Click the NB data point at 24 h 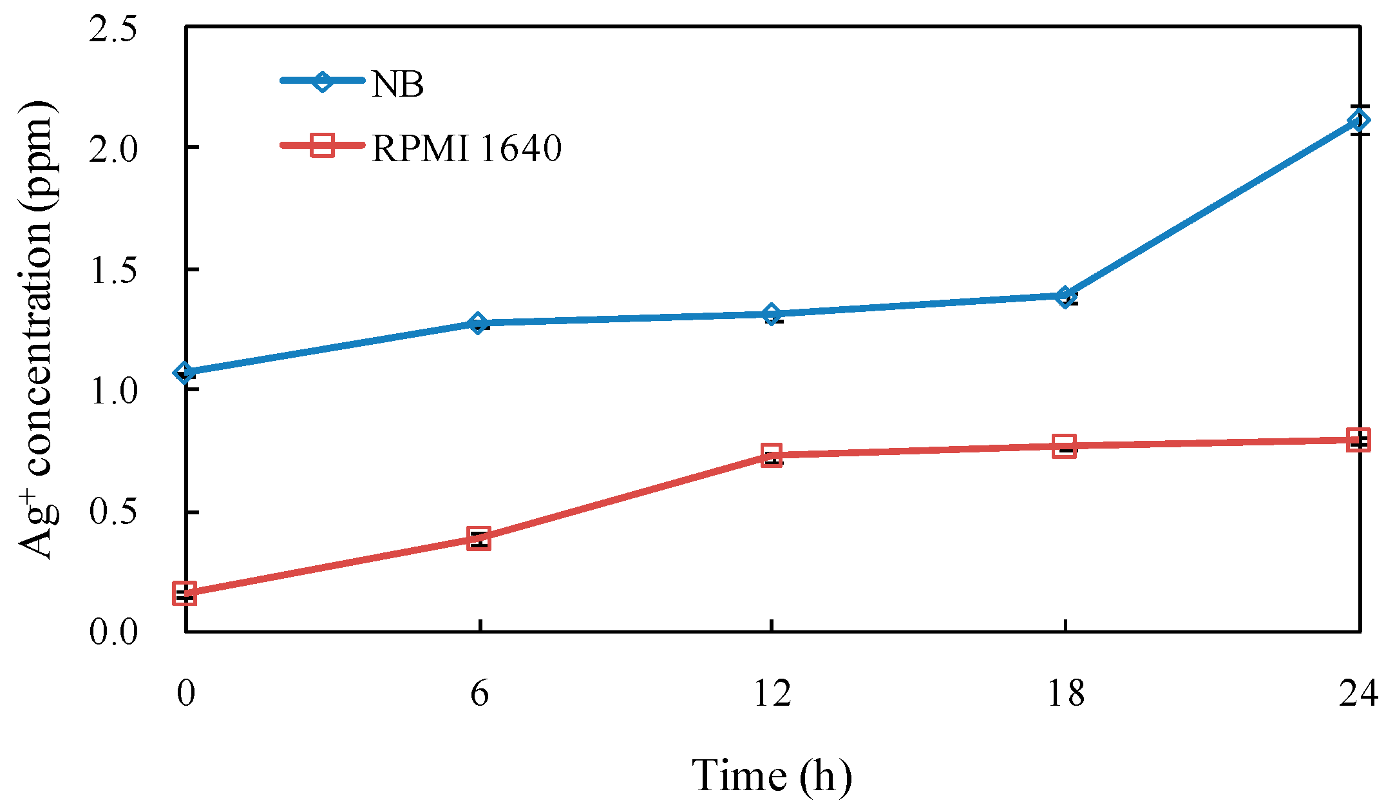1358,121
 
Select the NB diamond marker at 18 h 1065,296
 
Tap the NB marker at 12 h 772,315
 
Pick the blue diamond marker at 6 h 478,323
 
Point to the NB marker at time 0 185,372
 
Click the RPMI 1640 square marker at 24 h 1358,440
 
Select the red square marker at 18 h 1065,446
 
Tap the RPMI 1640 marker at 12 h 772,455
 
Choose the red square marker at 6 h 479,538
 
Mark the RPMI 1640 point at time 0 185,593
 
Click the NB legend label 397,84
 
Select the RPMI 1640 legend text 467,148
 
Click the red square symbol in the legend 322,145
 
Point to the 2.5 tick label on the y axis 113,29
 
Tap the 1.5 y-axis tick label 113,269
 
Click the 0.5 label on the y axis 113,512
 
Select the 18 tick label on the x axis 1065,694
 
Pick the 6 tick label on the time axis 479,694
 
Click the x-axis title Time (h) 772,775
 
